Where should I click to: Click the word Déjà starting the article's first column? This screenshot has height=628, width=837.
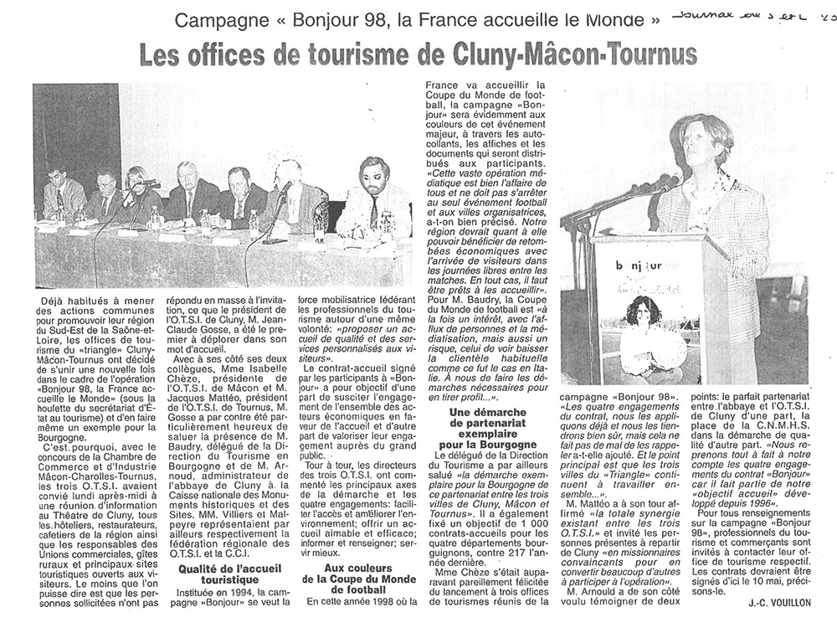56,298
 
